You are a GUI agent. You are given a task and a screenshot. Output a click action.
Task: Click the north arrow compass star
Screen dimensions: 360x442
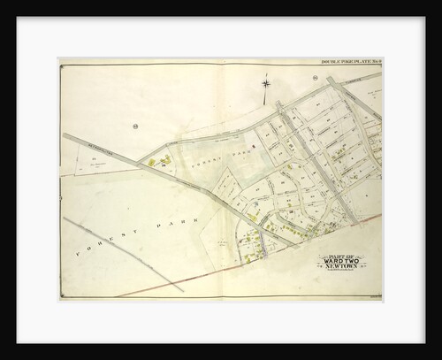coord(265,84)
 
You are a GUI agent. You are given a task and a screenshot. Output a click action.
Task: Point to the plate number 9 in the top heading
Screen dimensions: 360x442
coord(378,63)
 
